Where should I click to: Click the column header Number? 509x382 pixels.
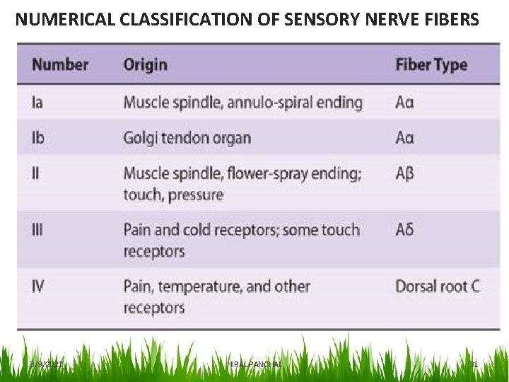(60, 64)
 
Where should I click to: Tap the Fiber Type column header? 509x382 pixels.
(431, 64)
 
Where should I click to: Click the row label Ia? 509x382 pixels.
(37, 103)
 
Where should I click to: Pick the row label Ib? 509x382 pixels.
(38, 137)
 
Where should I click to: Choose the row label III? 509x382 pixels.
(37, 230)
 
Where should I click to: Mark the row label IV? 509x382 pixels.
(38, 286)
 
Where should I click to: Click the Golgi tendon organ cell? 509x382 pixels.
(187, 137)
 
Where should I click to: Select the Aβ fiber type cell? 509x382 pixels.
(404, 173)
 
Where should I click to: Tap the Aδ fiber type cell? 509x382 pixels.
(404, 230)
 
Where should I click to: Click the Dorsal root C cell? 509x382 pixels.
(437, 286)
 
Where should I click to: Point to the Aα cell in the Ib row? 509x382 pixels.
(404, 137)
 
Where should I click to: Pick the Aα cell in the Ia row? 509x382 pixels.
(404, 103)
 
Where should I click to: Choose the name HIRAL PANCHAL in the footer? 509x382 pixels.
(255, 364)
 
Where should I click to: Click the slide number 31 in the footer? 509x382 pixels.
(474, 364)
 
